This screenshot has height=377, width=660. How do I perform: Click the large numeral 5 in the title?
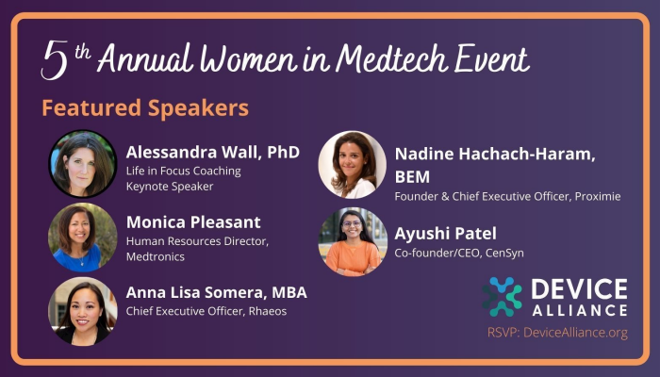(x=55, y=59)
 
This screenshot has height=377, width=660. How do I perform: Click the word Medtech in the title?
(x=392, y=58)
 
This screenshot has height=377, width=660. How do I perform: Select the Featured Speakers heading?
(x=145, y=107)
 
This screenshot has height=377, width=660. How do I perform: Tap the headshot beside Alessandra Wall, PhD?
(x=83, y=164)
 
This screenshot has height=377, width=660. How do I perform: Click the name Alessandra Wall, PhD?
(x=213, y=153)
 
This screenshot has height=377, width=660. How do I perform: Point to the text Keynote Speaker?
(x=170, y=187)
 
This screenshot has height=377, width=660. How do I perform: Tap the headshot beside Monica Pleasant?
(x=83, y=238)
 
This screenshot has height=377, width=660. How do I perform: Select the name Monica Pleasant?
(x=193, y=222)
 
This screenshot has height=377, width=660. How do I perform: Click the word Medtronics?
(x=156, y=256)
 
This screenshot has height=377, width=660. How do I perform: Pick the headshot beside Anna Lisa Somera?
(x=83, y=311)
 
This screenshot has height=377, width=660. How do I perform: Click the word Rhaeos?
(x=268, y=311)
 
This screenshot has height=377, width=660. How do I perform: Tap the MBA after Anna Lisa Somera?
(x=289, y=292)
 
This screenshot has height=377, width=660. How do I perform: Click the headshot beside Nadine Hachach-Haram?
(x=353, y=165)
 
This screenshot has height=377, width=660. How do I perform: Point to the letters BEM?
(x=412, y=177)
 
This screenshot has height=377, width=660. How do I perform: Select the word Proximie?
(x=598, y=196)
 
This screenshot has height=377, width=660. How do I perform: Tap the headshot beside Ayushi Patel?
(x=353, y=242)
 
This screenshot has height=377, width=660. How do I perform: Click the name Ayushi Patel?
(x=445, y=234)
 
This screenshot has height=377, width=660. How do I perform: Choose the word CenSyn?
(x=504, y=254)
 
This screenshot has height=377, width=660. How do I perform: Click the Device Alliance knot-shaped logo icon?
(x=503, y=297)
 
